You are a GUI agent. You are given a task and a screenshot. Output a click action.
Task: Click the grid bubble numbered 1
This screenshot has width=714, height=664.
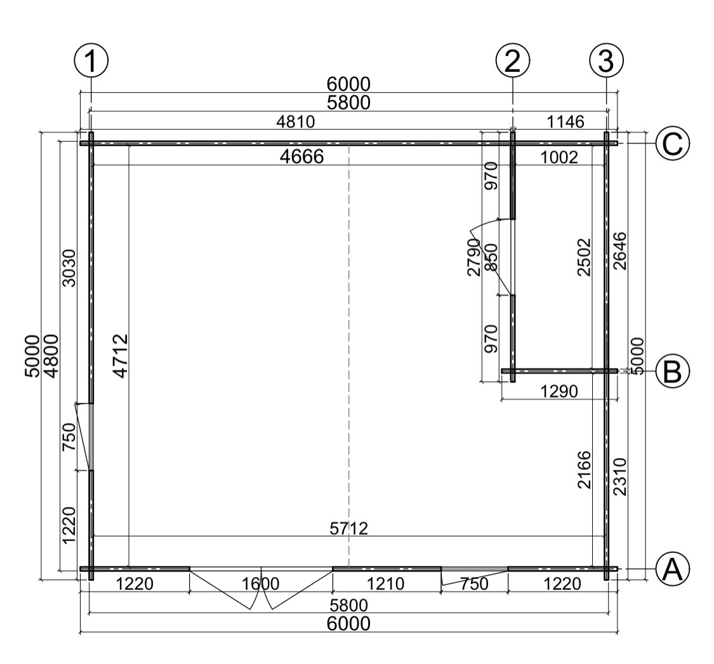pyautogui.click(x=91, y=60)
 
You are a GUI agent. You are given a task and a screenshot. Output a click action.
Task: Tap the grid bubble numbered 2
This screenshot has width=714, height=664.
pyautogui.click(x=513, y=60)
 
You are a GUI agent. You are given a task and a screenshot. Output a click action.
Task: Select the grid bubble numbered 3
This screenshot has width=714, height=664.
pyautogui.click(x=606, y=60)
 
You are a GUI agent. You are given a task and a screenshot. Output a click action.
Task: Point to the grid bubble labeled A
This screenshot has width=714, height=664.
pyautogui.click(x=673, y=569)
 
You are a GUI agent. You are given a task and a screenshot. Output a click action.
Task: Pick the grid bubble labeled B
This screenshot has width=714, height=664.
pyautogui.click(x=673, y=371)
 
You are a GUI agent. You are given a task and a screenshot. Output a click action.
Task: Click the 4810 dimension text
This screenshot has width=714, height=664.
pyautogui.click(x=296, y=122)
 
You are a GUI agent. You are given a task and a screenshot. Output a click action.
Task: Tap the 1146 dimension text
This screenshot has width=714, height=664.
pyautogui.click(x=565, y=122)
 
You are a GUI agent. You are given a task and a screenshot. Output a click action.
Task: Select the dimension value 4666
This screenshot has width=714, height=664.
pyautogui.click(x=302, y=157)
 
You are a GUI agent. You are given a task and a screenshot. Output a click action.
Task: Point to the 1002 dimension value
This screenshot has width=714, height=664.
pyautogui.click(x=559, y=158)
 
